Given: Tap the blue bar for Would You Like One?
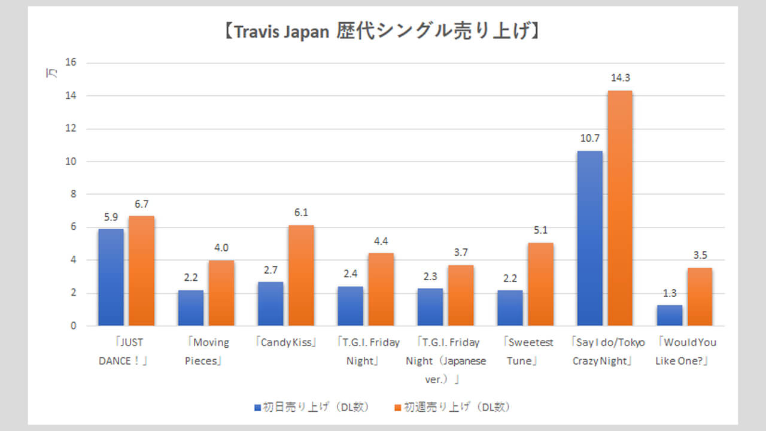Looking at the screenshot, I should tap(670, 315).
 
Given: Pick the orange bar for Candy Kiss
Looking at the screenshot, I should tap(300, 275).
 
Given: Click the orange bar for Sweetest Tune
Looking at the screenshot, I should tap(540, 284).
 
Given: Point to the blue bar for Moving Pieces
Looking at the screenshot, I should tap(190, 308).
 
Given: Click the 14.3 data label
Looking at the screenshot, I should tap(619, 78).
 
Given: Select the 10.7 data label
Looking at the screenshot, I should tap(589, 138).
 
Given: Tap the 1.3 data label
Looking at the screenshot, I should tap(670, 293).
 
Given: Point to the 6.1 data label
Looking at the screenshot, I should tap(300, 213).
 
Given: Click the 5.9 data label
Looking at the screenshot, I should tap(111, 217).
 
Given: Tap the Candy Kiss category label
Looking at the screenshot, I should tap(286, 343).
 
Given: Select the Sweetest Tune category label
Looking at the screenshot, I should tap(525, 352).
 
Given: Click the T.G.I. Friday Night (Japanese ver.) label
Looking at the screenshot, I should tap(446, 360).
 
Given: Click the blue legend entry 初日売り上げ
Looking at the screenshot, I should tap(311, 407).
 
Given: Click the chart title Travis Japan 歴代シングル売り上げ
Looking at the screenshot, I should tap(382, 31).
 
